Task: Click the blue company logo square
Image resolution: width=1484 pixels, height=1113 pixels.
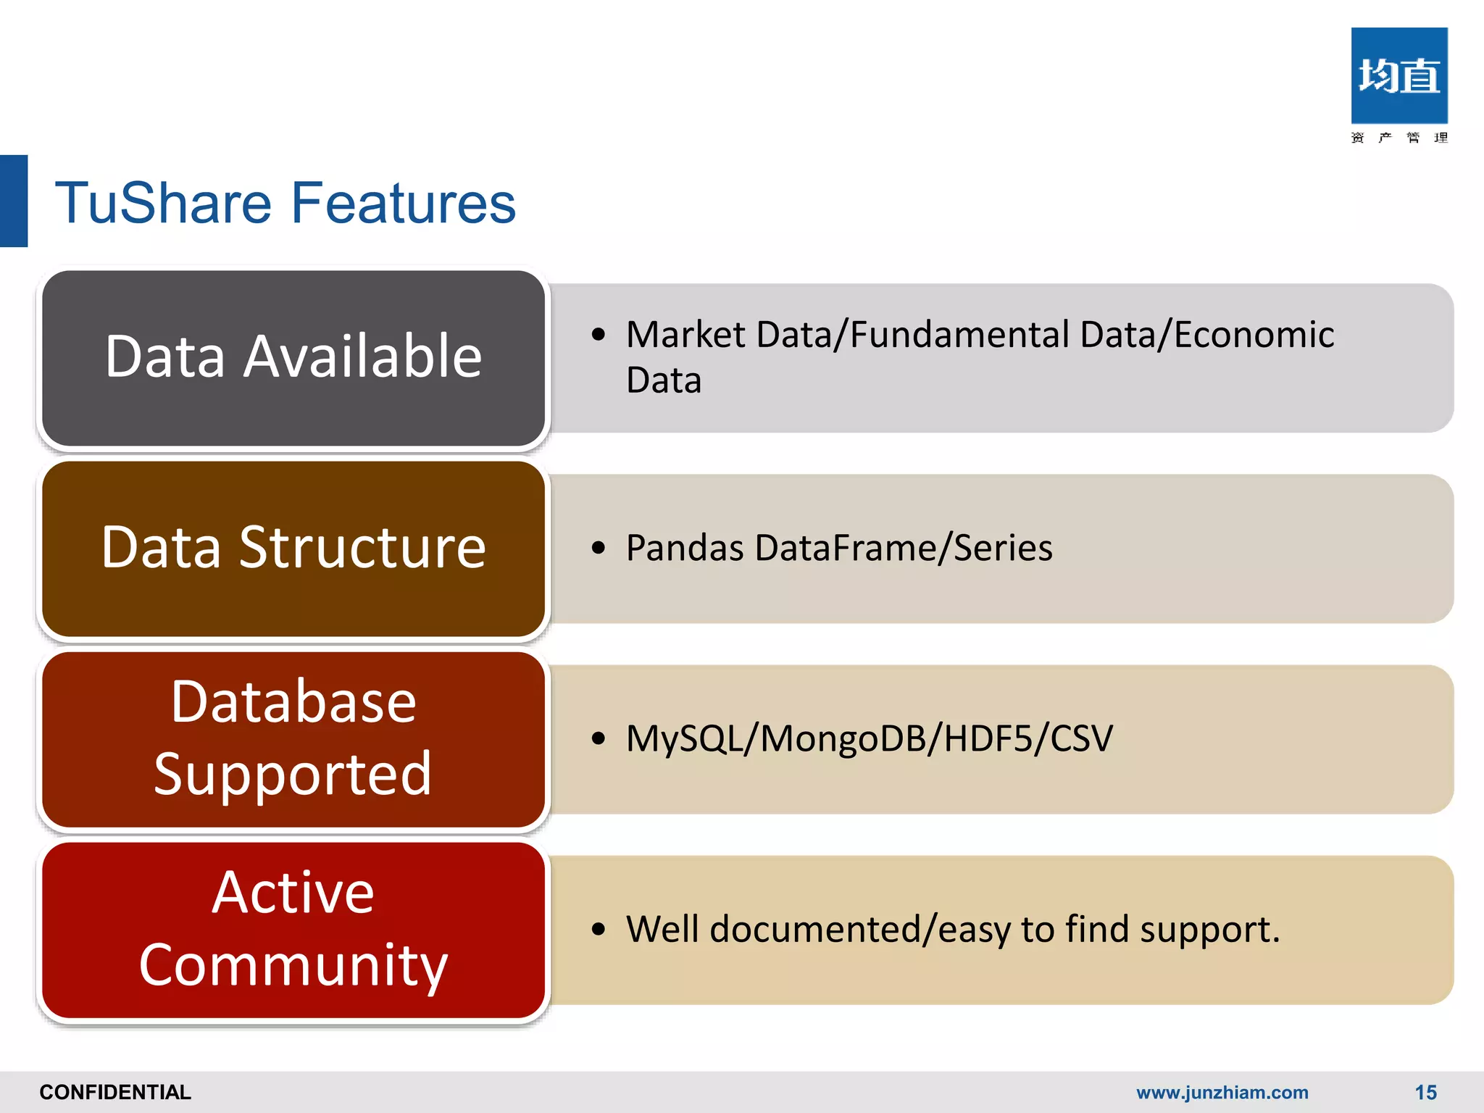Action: click(1399, 76)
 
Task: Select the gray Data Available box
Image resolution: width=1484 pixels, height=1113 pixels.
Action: click(293, 358)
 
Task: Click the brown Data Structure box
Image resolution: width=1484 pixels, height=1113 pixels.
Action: click(293, 549)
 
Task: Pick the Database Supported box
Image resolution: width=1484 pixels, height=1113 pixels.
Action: click(293, 739)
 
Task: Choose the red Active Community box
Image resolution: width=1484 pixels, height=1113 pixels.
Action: click(293, 930)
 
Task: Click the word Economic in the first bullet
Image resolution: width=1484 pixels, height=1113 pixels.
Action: click(1254, 335)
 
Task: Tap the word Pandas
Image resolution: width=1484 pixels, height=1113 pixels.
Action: click(684, 548)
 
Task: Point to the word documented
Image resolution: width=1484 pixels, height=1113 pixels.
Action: click(814, 930)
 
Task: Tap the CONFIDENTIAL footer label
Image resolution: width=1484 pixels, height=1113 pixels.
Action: click(115, 1092)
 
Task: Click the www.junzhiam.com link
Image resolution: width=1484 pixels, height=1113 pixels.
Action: click(1222, 1092)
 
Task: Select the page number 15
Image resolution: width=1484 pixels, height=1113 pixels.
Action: click(1425, 1092)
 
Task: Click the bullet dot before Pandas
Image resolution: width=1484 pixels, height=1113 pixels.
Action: click(598, 548)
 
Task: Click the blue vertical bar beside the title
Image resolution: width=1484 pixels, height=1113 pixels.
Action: click(13, 201)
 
